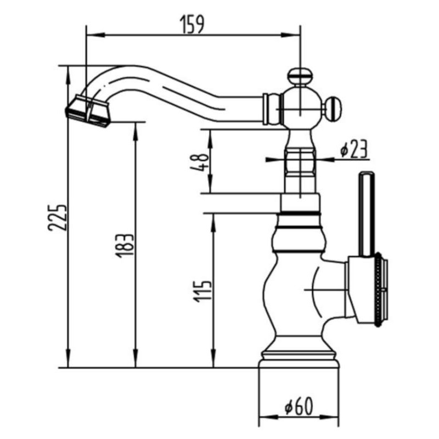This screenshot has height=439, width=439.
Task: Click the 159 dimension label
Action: click(x=193, y=25)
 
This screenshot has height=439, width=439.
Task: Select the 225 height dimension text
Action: click(x=58, y=218)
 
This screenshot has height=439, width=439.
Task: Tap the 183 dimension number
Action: click(x=125, y=245)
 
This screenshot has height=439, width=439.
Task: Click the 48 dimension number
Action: click(x=200, y=162)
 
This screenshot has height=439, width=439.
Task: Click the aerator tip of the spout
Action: click(x=88, y=111)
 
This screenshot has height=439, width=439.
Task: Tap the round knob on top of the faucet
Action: click(x=300, y=76)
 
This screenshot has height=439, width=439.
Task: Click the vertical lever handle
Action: click(x=367, y=214)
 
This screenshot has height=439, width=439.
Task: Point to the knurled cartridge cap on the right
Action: click(x=379, y=290)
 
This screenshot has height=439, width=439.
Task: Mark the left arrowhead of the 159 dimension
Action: click(x=95, y=35)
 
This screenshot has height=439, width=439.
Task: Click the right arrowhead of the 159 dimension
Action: click(x=291, y=35)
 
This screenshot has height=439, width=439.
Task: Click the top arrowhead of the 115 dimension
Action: click(x=213, y=223)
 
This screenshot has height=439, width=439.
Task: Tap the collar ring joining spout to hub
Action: click(x=272, y=109)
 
